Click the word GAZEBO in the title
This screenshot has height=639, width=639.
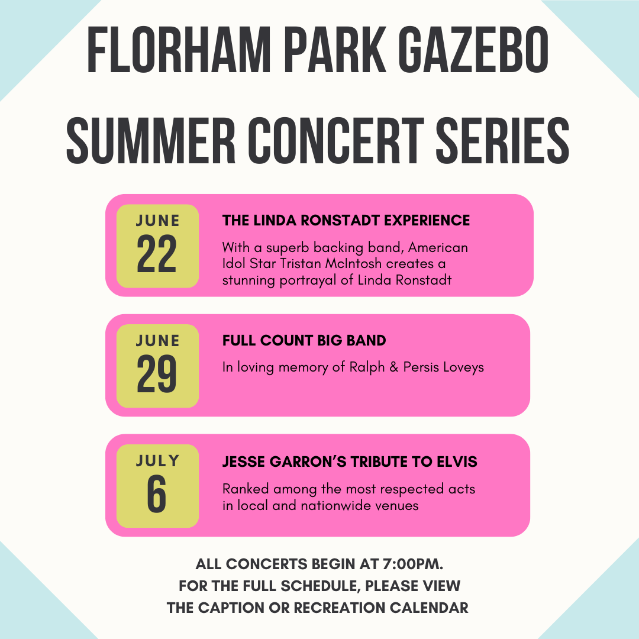click(x=473, y=50)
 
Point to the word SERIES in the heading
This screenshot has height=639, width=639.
click(x=503, y=140)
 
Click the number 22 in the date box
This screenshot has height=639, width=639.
click(x=157, y=253)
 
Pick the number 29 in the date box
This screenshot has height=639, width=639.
click(x=157, y=373)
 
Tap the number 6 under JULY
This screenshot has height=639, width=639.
click(x=157, y=493)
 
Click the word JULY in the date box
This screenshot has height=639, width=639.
click(x=158, y=461)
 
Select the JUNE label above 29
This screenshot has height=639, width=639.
click(x=158, y=341)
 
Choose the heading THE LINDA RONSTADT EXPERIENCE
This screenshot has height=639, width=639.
click(x=346, y=221)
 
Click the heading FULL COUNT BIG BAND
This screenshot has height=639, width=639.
click(x=304, y=341)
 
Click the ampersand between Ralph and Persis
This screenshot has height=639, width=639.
click(x=393, y=367)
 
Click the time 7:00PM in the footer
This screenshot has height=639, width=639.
click(x=413, y=564)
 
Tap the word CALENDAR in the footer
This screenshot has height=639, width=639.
click(x=429, y=608)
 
